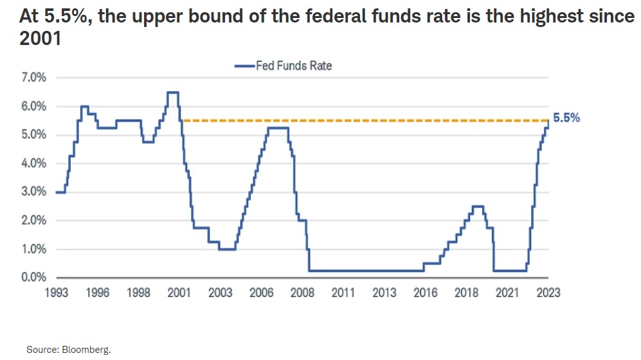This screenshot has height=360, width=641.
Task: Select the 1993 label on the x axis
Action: [56, 292]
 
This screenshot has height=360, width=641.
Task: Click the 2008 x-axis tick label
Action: [302, 292]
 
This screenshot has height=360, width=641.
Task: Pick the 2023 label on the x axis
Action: [548, 292]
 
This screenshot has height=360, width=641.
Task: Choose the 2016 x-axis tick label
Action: [426, 292]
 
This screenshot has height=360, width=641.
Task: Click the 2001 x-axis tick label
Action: [179, 292]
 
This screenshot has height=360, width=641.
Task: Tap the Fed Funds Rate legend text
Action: [294, 65]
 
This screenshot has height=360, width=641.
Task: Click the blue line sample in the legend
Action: [244, 65]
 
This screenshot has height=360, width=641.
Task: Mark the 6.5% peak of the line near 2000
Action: [172, 93]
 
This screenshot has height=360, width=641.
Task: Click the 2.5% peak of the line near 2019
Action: [478, 206]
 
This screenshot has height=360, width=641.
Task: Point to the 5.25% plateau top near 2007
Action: [277, 128]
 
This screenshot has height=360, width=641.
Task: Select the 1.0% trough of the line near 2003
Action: [226, 249]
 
